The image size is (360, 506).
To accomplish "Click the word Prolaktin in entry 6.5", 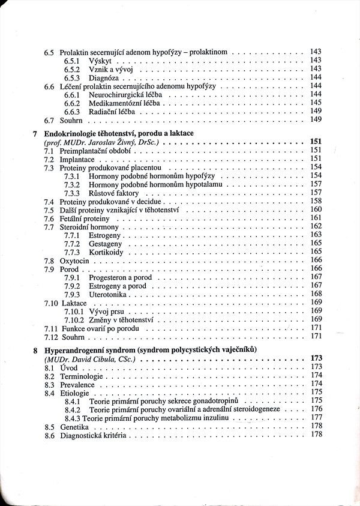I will click(76, 52).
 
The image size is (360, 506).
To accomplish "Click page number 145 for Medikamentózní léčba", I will click(316, 103).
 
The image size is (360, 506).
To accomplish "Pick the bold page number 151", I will click(316, 142).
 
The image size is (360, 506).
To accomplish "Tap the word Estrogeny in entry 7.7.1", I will click(106, 235).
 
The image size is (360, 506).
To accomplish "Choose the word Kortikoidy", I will click(106, 252).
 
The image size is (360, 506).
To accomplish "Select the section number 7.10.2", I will click(74, 320).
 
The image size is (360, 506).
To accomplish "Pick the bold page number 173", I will click(316, 358).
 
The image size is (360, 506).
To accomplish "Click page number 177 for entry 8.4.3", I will click(316, 417).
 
